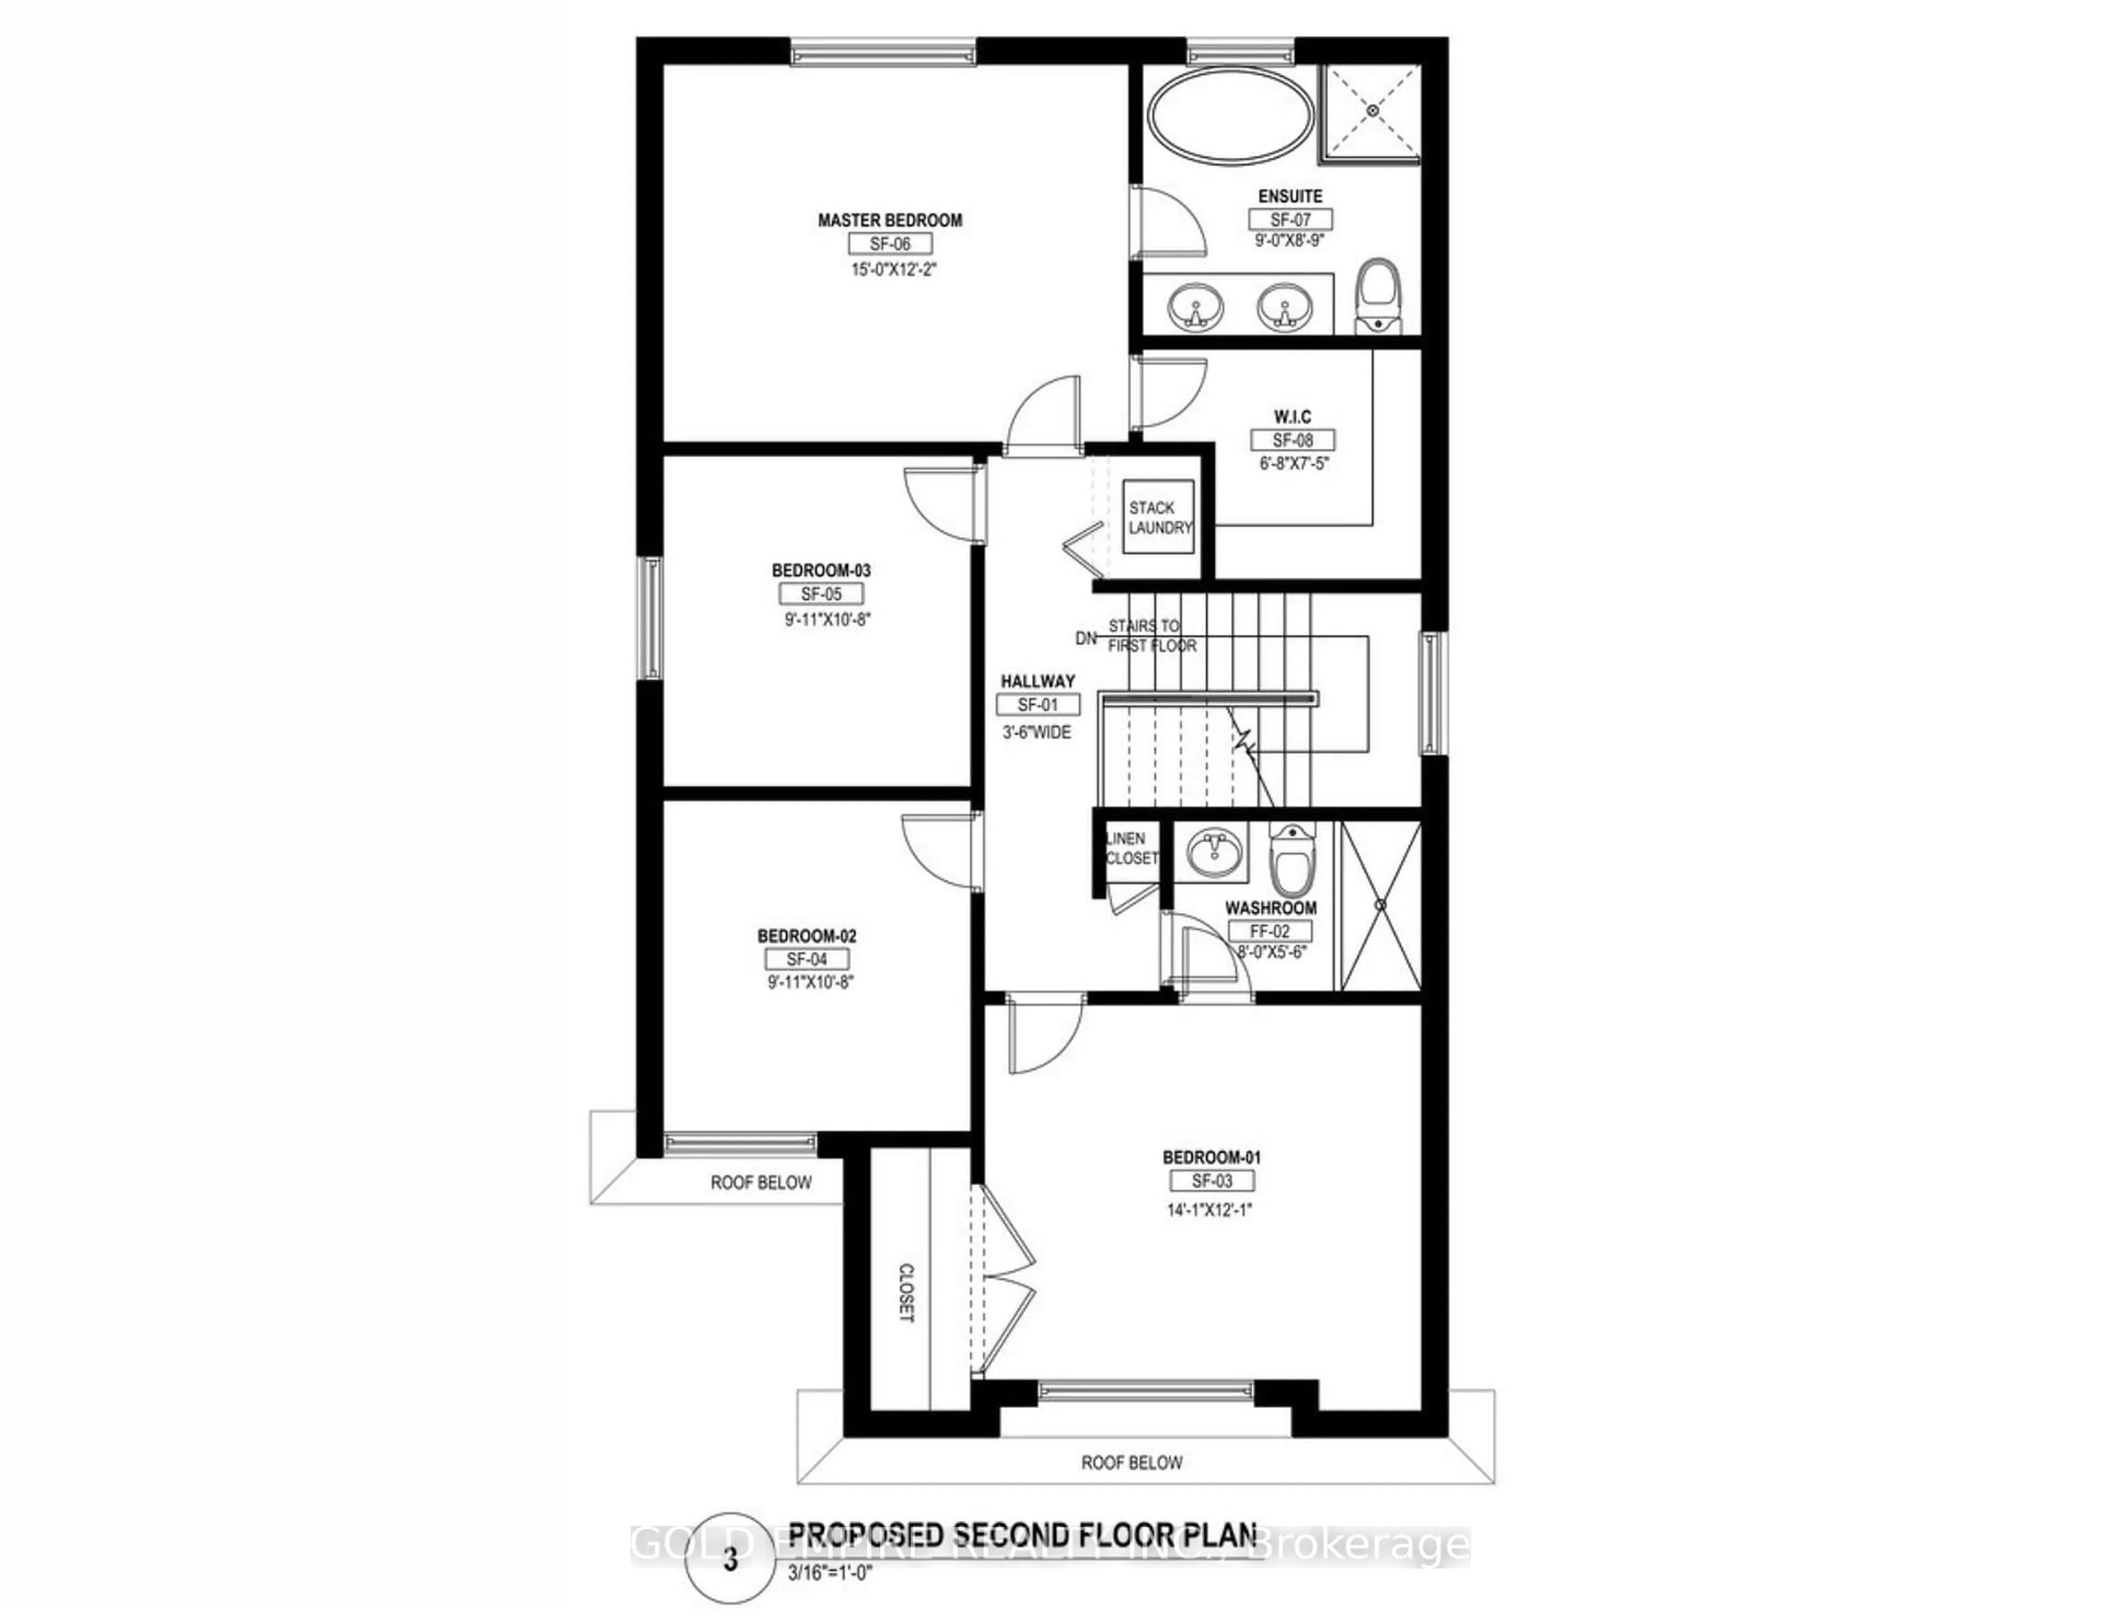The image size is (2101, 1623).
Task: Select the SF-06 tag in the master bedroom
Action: (889, 245)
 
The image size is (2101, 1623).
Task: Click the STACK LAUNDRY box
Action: (1159, 518)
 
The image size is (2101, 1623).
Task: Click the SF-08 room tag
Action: (1293, 440)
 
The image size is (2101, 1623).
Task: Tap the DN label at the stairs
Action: (1085, 638)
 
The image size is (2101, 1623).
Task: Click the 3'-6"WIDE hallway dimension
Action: (1037, 732)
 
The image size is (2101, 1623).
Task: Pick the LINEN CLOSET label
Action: (1130, 848)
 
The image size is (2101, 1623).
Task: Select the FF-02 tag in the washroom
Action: (1270, 931)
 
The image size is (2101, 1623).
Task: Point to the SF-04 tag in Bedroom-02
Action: (806, 959)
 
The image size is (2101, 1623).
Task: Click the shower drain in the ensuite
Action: (1373, 111)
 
